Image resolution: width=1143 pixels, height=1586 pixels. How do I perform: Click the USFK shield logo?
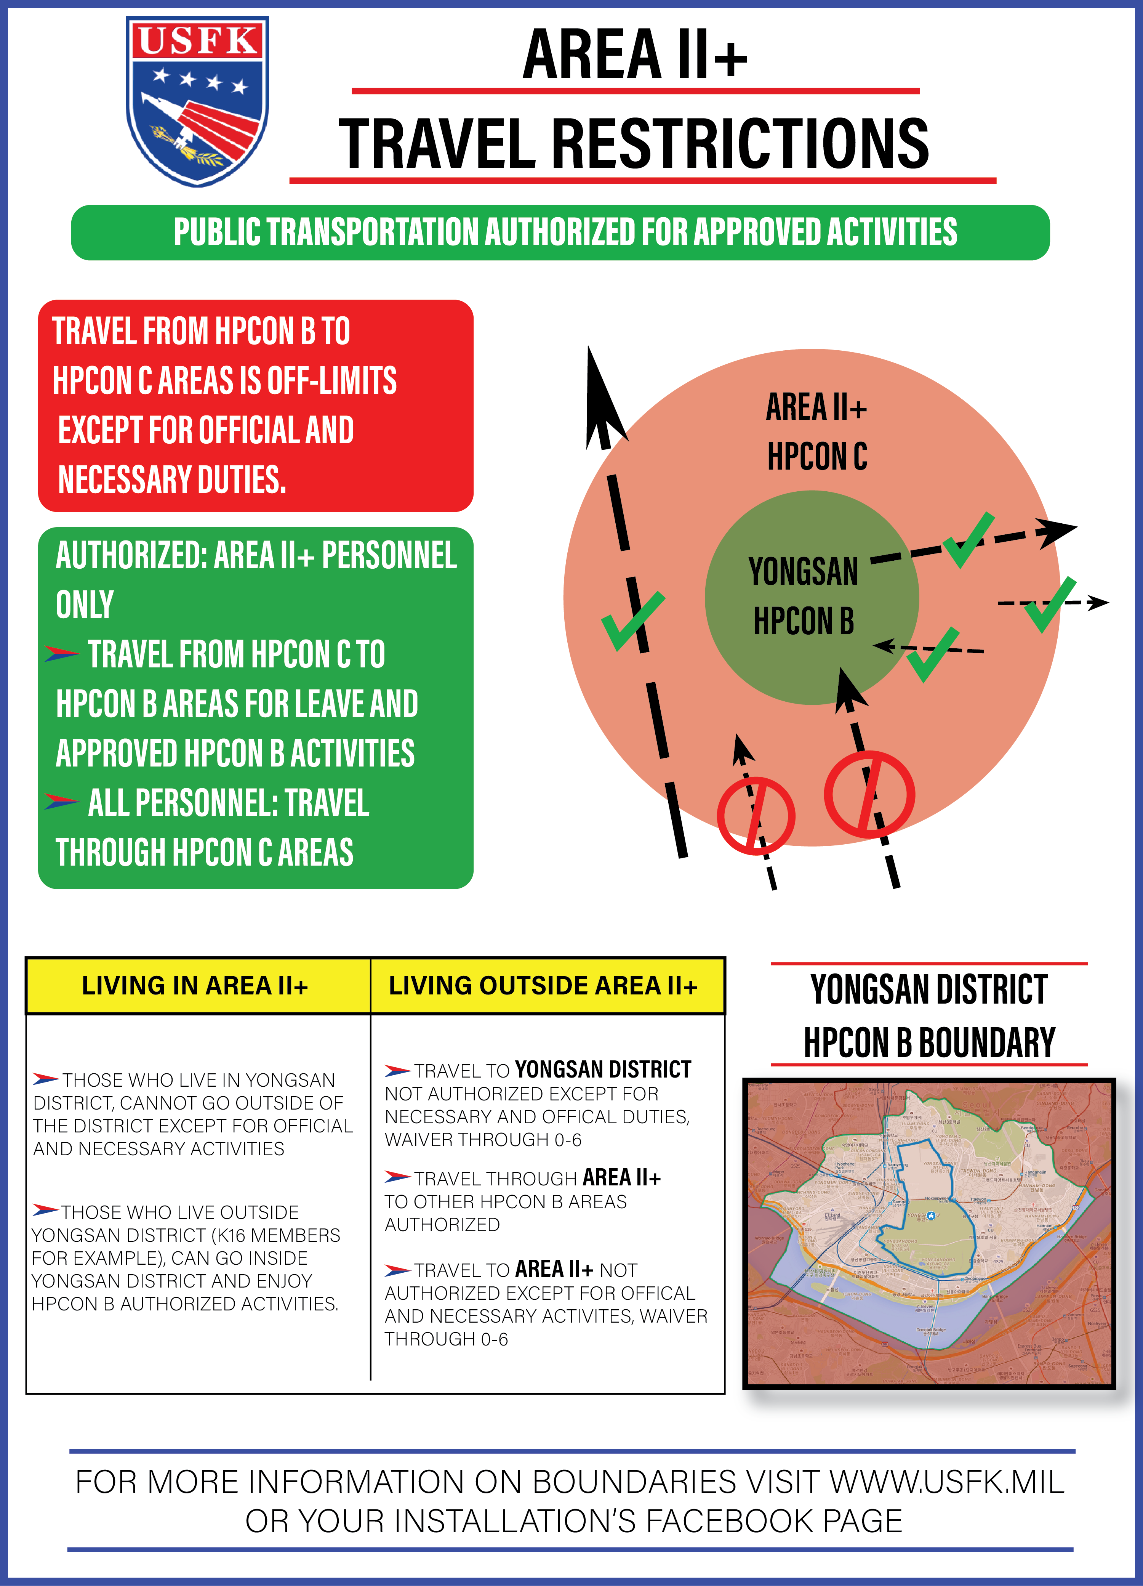click(197, 101)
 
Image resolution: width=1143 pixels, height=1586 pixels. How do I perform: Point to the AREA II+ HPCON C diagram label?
click(816, 431)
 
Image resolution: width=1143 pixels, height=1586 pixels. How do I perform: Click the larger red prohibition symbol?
click(869, 794)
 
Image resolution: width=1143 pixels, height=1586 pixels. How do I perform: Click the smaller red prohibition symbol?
click(756, 815)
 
